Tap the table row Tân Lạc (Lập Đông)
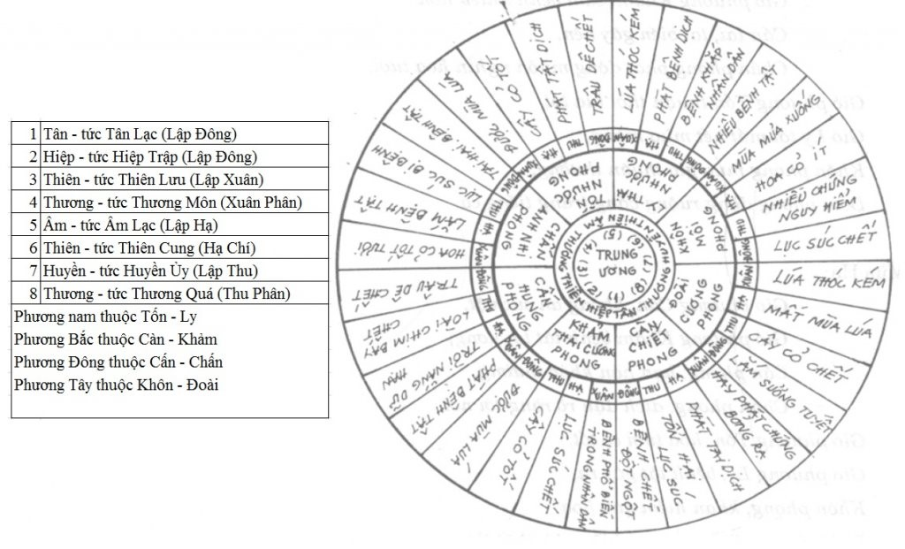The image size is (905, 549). coord(169,133)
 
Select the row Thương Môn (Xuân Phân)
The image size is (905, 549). coord(169,202)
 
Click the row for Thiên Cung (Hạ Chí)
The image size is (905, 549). coord(169,248)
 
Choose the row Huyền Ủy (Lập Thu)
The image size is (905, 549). coord(169,271)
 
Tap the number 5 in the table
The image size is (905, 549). coord(32,225)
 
